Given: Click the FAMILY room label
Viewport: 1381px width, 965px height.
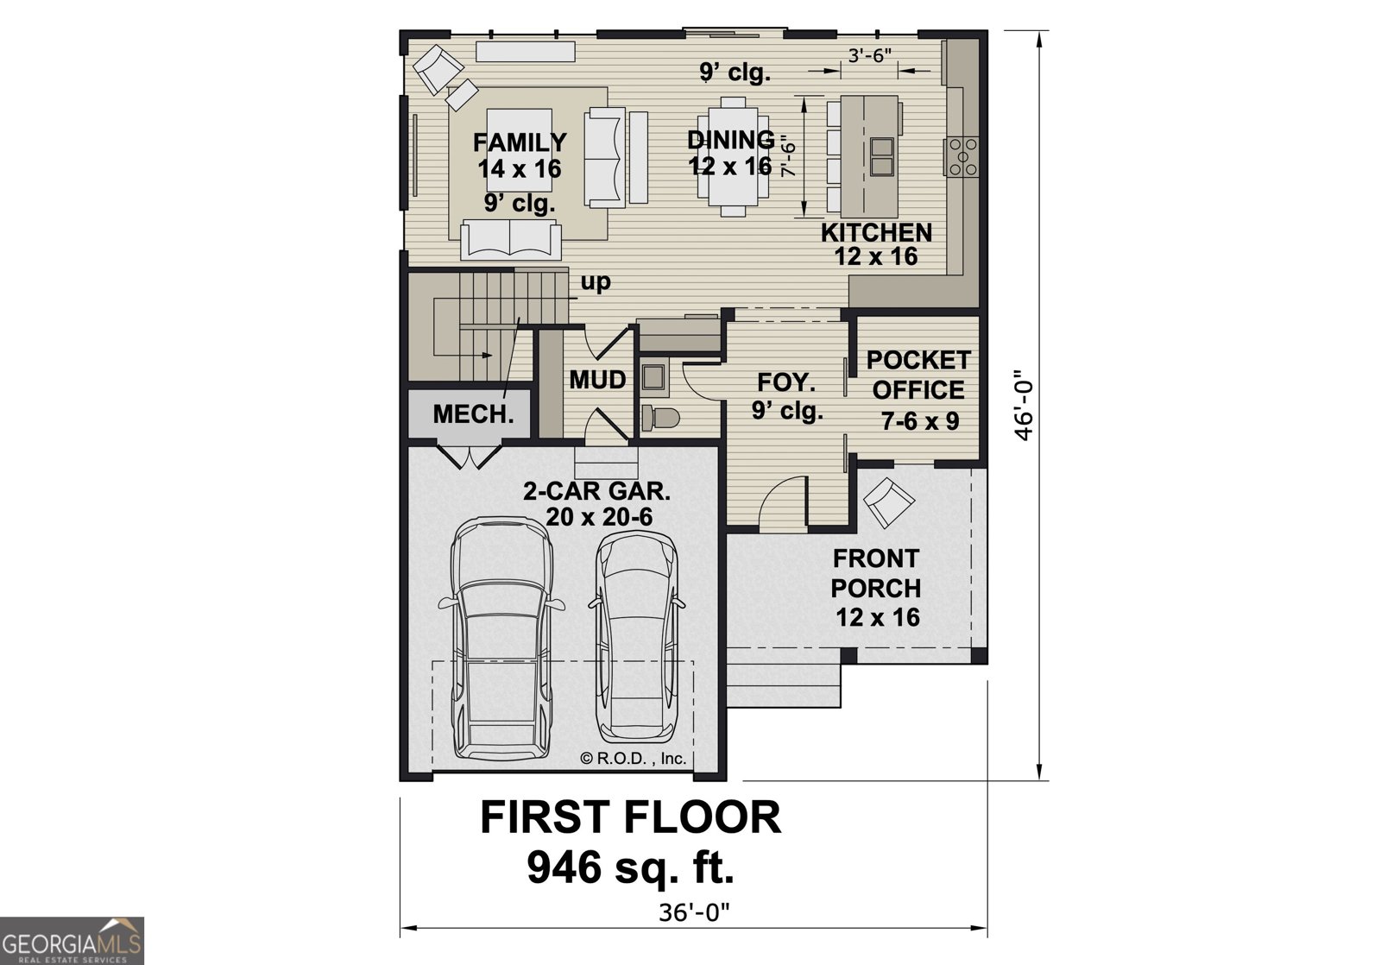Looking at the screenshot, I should click(x=519, y=142).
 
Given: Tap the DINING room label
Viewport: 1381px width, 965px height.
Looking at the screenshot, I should click(x=730, y=140).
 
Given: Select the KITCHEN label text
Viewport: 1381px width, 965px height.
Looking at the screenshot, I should click(x=876, y=232).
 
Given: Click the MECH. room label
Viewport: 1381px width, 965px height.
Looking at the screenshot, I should click(x=473, y=414).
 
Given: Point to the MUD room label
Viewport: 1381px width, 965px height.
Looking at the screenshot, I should click(x=597, y=380).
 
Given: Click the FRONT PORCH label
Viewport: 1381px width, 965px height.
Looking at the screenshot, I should click(x=875, y=573).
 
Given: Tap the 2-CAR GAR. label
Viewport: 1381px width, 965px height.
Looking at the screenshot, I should click(x=596, y=492).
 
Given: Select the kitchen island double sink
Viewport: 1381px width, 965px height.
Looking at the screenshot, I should click(x=881, y=156).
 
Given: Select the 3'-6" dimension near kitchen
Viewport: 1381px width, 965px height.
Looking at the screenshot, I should click(x=869, y=54).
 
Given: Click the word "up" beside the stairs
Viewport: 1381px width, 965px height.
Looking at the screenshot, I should click(x=596, y=281).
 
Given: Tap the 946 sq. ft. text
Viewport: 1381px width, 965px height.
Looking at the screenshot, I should click(x=630, y=867).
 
